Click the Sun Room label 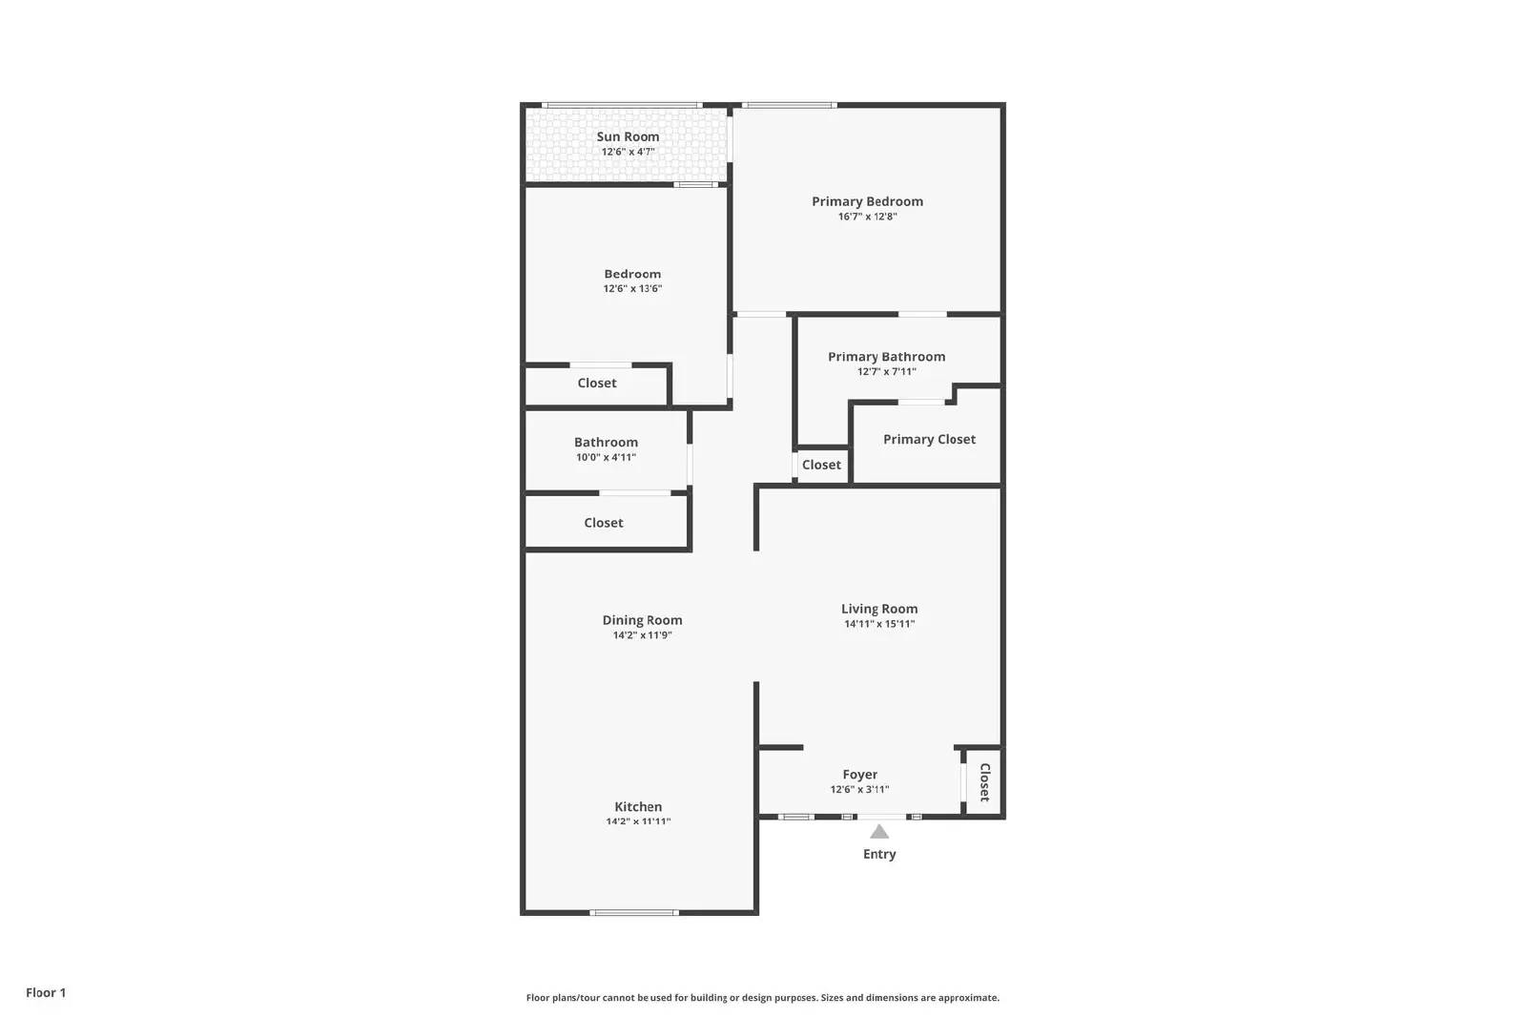pyautogui.click(x=628, y=136)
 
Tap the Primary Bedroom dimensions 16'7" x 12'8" pyautogui.click(x=867, y=217)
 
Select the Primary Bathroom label pyautogui.click(x=886, y=357)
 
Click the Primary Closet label pyautogui.click(x=929, y=439)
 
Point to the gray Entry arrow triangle pyautogui.click(x=879, y=832)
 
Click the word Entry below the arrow pyautogui.click(x=879, y=854)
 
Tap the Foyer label pyautogui.click(x=859, y=775)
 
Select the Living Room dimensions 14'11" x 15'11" pyautogui.click(x=878, y=624)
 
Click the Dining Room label pyautogui.click(x=642, y=620)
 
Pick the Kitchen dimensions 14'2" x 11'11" pyautogui.click(x=638, y=821)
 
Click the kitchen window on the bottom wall pyautogui.click(x=634, y=913)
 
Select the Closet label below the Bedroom pyautogui.click(x=597, y=383)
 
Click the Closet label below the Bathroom pyautogui.click(x=604, y=523)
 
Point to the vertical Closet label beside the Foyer pyautogui.click(x=984, y=782)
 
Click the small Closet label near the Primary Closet pyautogui.click(x=821, y=465)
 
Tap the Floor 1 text pyautogui.click(x=46, y=992)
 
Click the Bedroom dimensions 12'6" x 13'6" pyautogui.click(x=632, y=288)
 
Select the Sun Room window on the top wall pyautogui.click(x=622, y=105)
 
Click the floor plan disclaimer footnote pyautogui.click(x=763, y=998)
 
